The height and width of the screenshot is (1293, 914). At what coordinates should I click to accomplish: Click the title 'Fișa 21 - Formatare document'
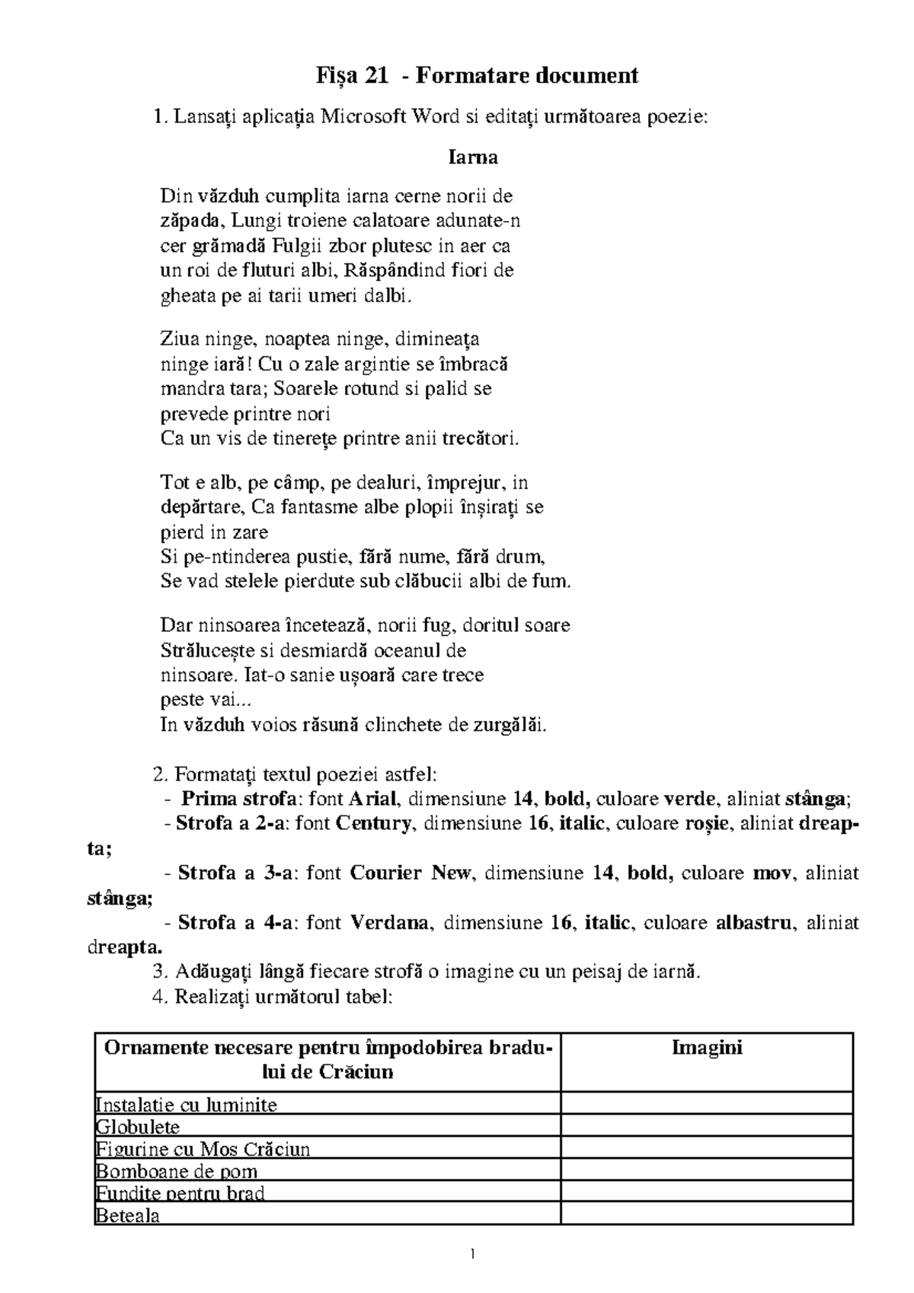pyautogui.click(x=477, y=76)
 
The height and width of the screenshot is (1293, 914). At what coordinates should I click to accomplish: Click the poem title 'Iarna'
pyautogui.click(x=472, y=158)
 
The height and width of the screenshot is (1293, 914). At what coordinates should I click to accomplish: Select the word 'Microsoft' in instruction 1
pyautogui.click(x=364, y=117)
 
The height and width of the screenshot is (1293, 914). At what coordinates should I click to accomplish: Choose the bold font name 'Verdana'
pyautogui.click(x=389, y=924)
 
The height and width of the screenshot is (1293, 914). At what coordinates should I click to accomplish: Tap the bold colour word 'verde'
pyautogui.click(x=690, y=799)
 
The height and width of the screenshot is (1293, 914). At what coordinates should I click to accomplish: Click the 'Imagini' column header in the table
pyautogui.click(x=707, y=1048)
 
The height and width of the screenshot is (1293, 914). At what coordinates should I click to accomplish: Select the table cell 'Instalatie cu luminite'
pyautogui.click(x=187, y=1105)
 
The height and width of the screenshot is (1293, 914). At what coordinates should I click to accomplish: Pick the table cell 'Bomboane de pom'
pyautogui.click(x=177, y=1171)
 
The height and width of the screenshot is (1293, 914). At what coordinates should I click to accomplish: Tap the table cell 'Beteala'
pyautogui.click(x=128, y=1215)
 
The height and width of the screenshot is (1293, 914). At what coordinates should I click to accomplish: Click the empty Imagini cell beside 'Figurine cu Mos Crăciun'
pyautogui.click(x=707, y=1149)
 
